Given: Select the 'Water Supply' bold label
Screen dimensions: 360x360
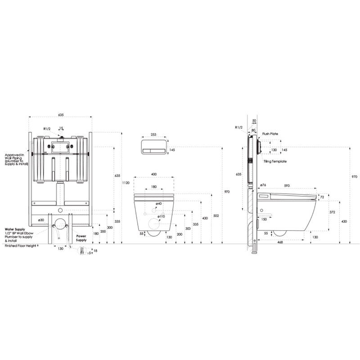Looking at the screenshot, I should pos(14,229).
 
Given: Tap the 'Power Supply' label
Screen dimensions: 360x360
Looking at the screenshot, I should pos(82,238).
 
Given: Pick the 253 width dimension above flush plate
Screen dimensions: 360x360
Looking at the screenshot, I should pos(153,135).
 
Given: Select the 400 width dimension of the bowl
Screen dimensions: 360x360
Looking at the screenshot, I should pos(154,174).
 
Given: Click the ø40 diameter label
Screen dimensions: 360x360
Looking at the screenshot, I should pos(158,204).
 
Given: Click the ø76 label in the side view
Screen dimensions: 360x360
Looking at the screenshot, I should pos(263,185).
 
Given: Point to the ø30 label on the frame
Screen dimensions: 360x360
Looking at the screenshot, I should pos(41,220).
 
